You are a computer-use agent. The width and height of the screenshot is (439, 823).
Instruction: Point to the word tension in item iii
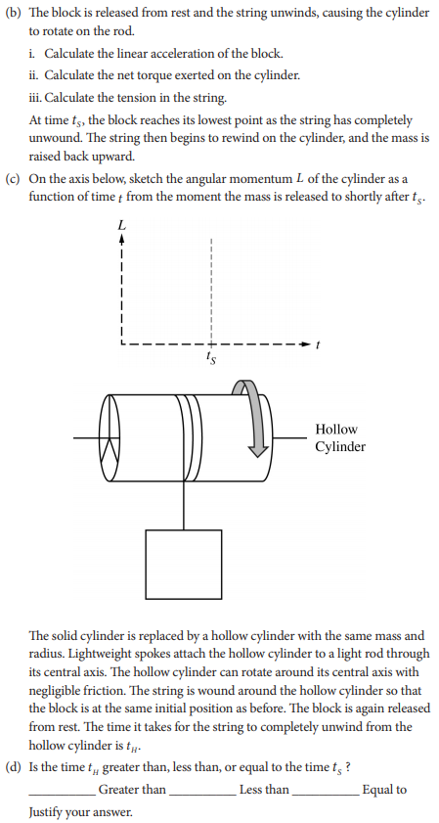[x=114, y=98]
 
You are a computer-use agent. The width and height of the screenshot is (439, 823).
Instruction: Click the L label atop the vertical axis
[x=121, y=225]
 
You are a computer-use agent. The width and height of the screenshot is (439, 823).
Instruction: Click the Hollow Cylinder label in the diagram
[x=339, y=437]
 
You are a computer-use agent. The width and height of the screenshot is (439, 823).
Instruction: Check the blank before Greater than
[x=63, y=791]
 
